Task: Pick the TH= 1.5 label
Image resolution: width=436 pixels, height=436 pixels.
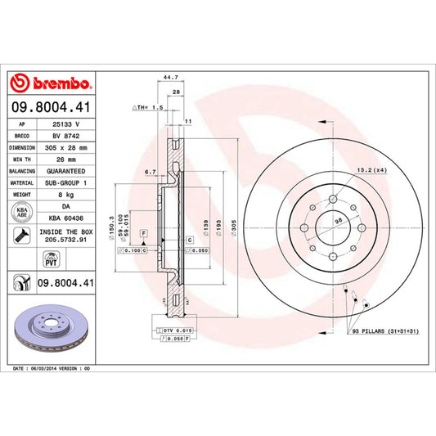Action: coord(144,107)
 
